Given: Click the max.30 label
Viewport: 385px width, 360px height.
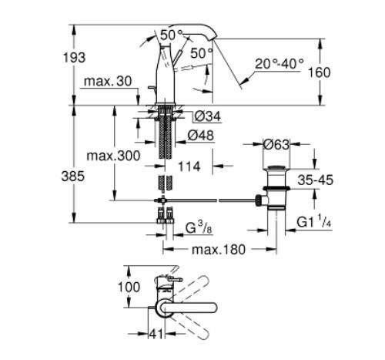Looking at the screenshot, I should (105, 82).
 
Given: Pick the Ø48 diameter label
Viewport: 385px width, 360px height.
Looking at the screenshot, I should (202, 135).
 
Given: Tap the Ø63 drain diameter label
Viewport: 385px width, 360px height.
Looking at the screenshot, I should (276, 144).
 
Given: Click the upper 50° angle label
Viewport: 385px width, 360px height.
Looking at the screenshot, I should (172, 35).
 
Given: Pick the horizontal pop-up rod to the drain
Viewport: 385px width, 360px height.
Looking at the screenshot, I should (216, 200).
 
